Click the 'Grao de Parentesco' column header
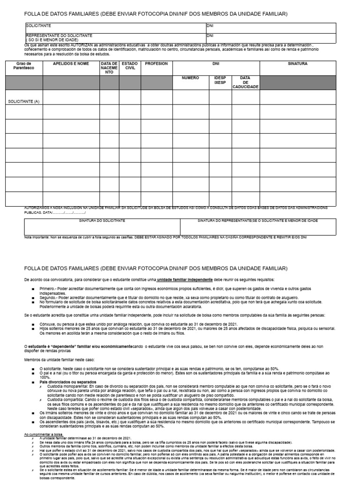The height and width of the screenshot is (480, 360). tap(23, 66)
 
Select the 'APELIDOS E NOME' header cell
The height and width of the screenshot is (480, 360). tap(71, 63)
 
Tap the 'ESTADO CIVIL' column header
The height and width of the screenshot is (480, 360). tap(129, 66)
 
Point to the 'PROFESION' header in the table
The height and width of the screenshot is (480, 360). tap(157, 63)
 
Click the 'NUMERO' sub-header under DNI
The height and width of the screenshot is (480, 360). tap(190, 78)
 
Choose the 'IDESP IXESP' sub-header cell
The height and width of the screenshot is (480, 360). tap(220, 80)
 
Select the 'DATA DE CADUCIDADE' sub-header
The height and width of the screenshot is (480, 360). tap(245, 82)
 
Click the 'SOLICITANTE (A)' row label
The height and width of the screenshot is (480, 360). tap(23, 101)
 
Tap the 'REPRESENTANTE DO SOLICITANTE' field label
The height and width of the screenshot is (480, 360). tap(60, 36)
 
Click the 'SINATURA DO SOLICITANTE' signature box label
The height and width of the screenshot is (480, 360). tap(102, 220)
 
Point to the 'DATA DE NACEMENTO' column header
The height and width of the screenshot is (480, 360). tap(109, 68)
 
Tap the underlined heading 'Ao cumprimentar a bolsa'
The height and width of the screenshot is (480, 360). tap(44, 435)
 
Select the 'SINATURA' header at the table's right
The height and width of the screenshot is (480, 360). tap(297, 63)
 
